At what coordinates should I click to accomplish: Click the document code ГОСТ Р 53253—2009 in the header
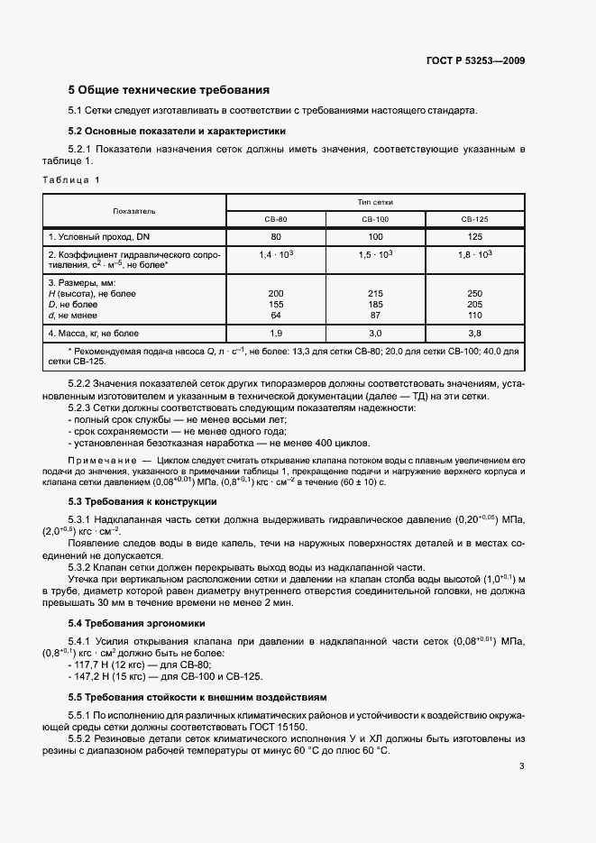475,61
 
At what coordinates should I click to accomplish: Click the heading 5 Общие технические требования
170,90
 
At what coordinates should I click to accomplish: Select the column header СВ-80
275,219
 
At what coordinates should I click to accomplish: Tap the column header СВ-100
375,219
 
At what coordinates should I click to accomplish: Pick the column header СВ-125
474,219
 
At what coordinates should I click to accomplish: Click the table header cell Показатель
134,211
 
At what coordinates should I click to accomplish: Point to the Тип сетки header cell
375,202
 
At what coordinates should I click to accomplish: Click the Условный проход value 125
474,236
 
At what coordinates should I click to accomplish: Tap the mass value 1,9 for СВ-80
275,333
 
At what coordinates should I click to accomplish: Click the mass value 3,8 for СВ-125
474,333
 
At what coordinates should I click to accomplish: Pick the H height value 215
375,294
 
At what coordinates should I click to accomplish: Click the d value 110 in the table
474,315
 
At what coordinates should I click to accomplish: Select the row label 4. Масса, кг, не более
94,333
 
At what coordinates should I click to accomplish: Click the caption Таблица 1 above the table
71,180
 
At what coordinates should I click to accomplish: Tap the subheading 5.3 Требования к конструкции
142,500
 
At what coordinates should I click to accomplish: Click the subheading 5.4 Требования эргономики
137,623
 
